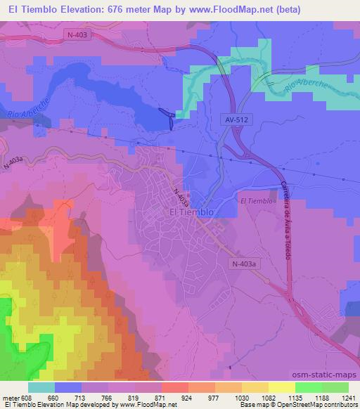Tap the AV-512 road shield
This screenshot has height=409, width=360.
coord(237,120)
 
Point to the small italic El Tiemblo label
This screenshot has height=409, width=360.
coord(255,202)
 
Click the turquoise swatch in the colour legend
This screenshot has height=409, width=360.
coord(41,387)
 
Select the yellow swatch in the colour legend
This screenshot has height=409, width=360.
coord(282,387)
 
